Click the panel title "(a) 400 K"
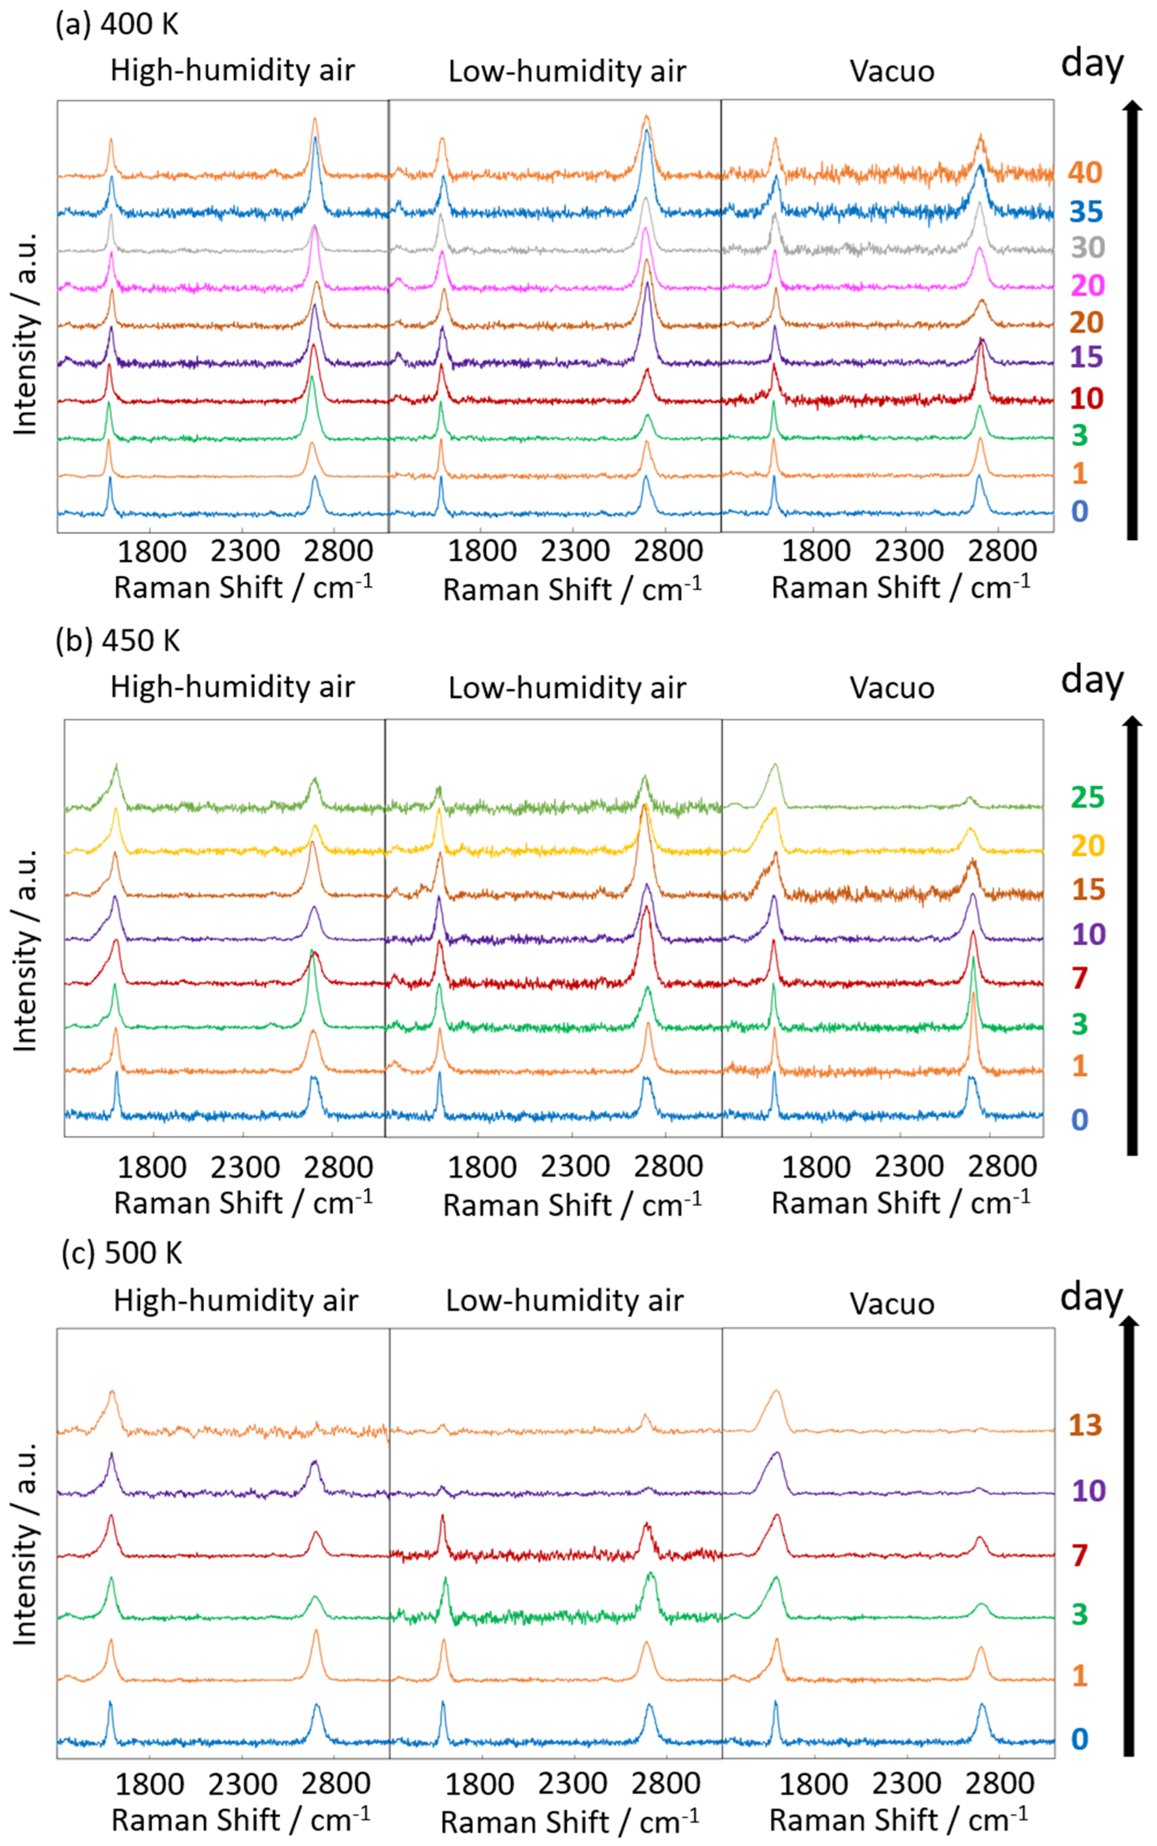117,25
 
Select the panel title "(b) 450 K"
118,640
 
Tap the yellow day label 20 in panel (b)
1087,845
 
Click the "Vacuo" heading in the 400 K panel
891,71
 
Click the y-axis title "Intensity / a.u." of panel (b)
25,949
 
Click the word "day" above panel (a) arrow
1091,64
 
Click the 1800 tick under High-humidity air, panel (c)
149,1785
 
